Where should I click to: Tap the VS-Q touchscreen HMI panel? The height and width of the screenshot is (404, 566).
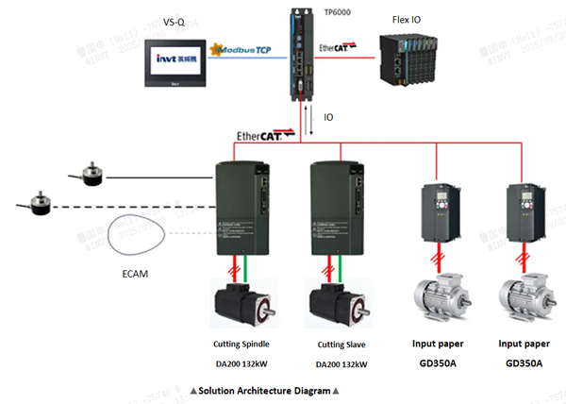[174, 59]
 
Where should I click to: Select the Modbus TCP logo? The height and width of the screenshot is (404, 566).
[244, 48]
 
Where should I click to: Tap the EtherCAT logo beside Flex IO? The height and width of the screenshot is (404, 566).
[340, 46]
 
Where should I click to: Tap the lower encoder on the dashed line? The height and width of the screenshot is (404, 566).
[36, 200]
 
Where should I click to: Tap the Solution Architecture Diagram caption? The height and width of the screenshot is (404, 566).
[264, 390]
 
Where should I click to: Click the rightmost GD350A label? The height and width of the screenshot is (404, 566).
[524, 362]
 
